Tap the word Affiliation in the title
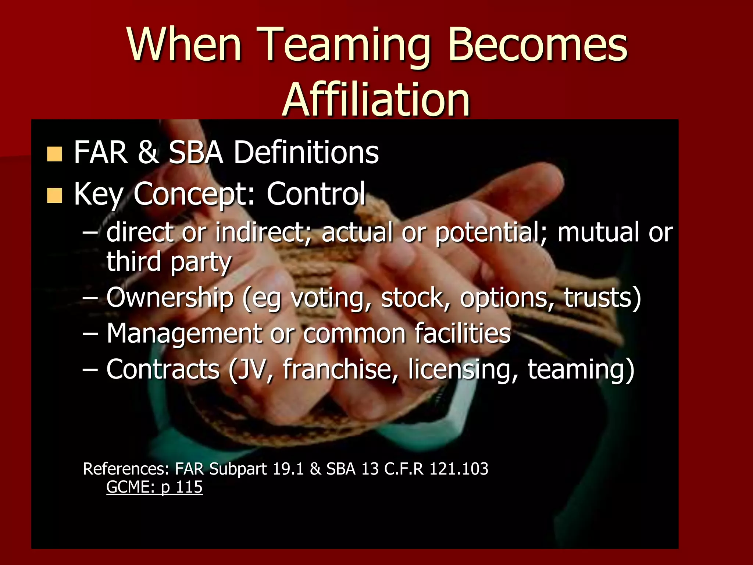coord(376,99)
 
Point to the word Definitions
coord(306,152)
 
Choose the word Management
coord(184,334)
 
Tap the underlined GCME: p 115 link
coord(154,487)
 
